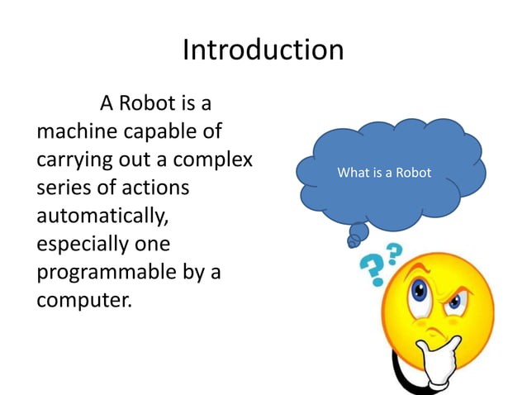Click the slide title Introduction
pyautogui.click(x=263, y=50)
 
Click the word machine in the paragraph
pyautogui.click(x=77, y=131)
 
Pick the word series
pyautogui.click(x=63, y=187)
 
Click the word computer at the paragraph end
pyautogui.click(x=83, y=299)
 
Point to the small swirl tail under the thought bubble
pyautogui.click(x=354, y=240)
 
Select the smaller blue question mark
pyautogui.click(x=394, y=250)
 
